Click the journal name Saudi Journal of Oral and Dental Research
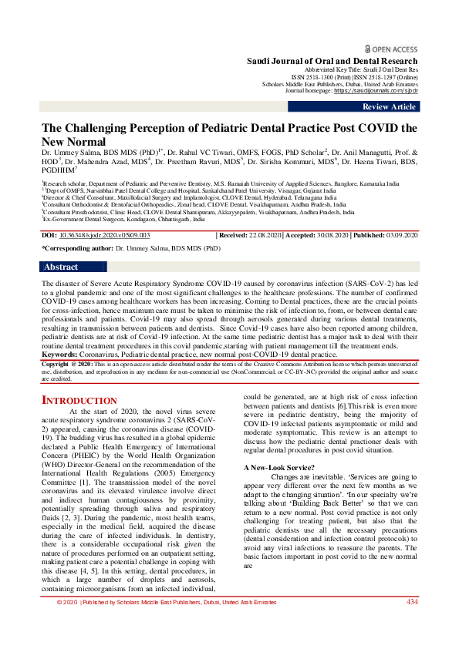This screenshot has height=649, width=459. (332, 60)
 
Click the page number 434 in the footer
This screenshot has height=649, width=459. (413, 624)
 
